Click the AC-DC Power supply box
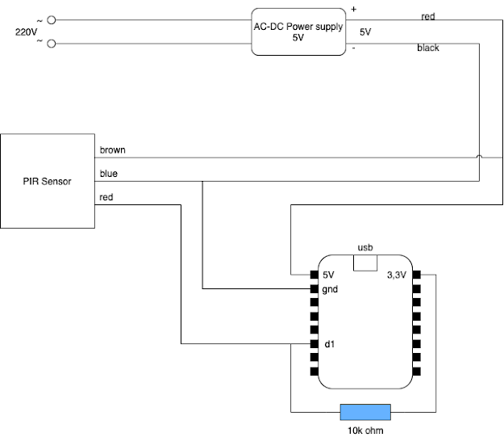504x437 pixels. point(298,32)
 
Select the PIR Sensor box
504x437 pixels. point(47,181)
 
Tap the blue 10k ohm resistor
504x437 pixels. point(365,412)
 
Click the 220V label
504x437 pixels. point(27,32)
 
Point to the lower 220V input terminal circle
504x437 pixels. point(52,44)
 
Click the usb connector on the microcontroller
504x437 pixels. point(366,263)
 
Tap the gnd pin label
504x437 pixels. point(331,288)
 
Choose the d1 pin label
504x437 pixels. point(329,345)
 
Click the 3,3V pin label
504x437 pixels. point(397,274)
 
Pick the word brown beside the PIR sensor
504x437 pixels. point(112,150)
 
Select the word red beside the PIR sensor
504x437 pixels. point(106,196)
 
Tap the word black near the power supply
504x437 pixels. point(428,48)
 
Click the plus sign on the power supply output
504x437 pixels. point(352,9)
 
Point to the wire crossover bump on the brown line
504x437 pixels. point(480,157)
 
